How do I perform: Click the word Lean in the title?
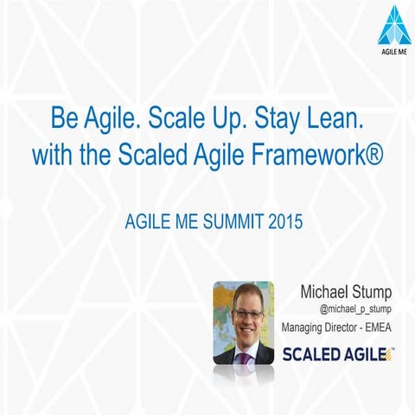(x=329, y=117)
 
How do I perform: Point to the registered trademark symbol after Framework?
(x=372, y=155)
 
